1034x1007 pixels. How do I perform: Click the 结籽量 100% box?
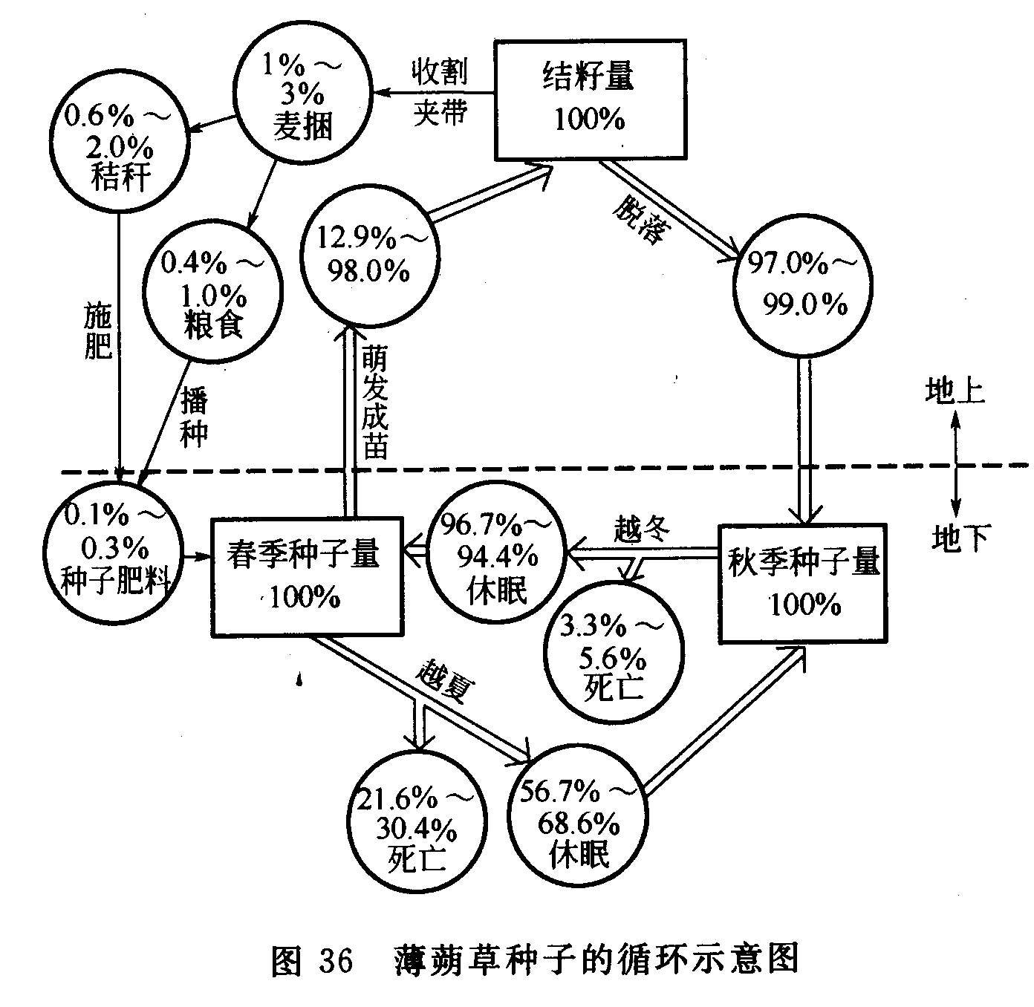590,98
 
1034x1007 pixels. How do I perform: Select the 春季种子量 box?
305,577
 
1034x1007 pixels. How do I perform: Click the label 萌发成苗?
375,405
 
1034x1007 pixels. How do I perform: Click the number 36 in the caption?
336,960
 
